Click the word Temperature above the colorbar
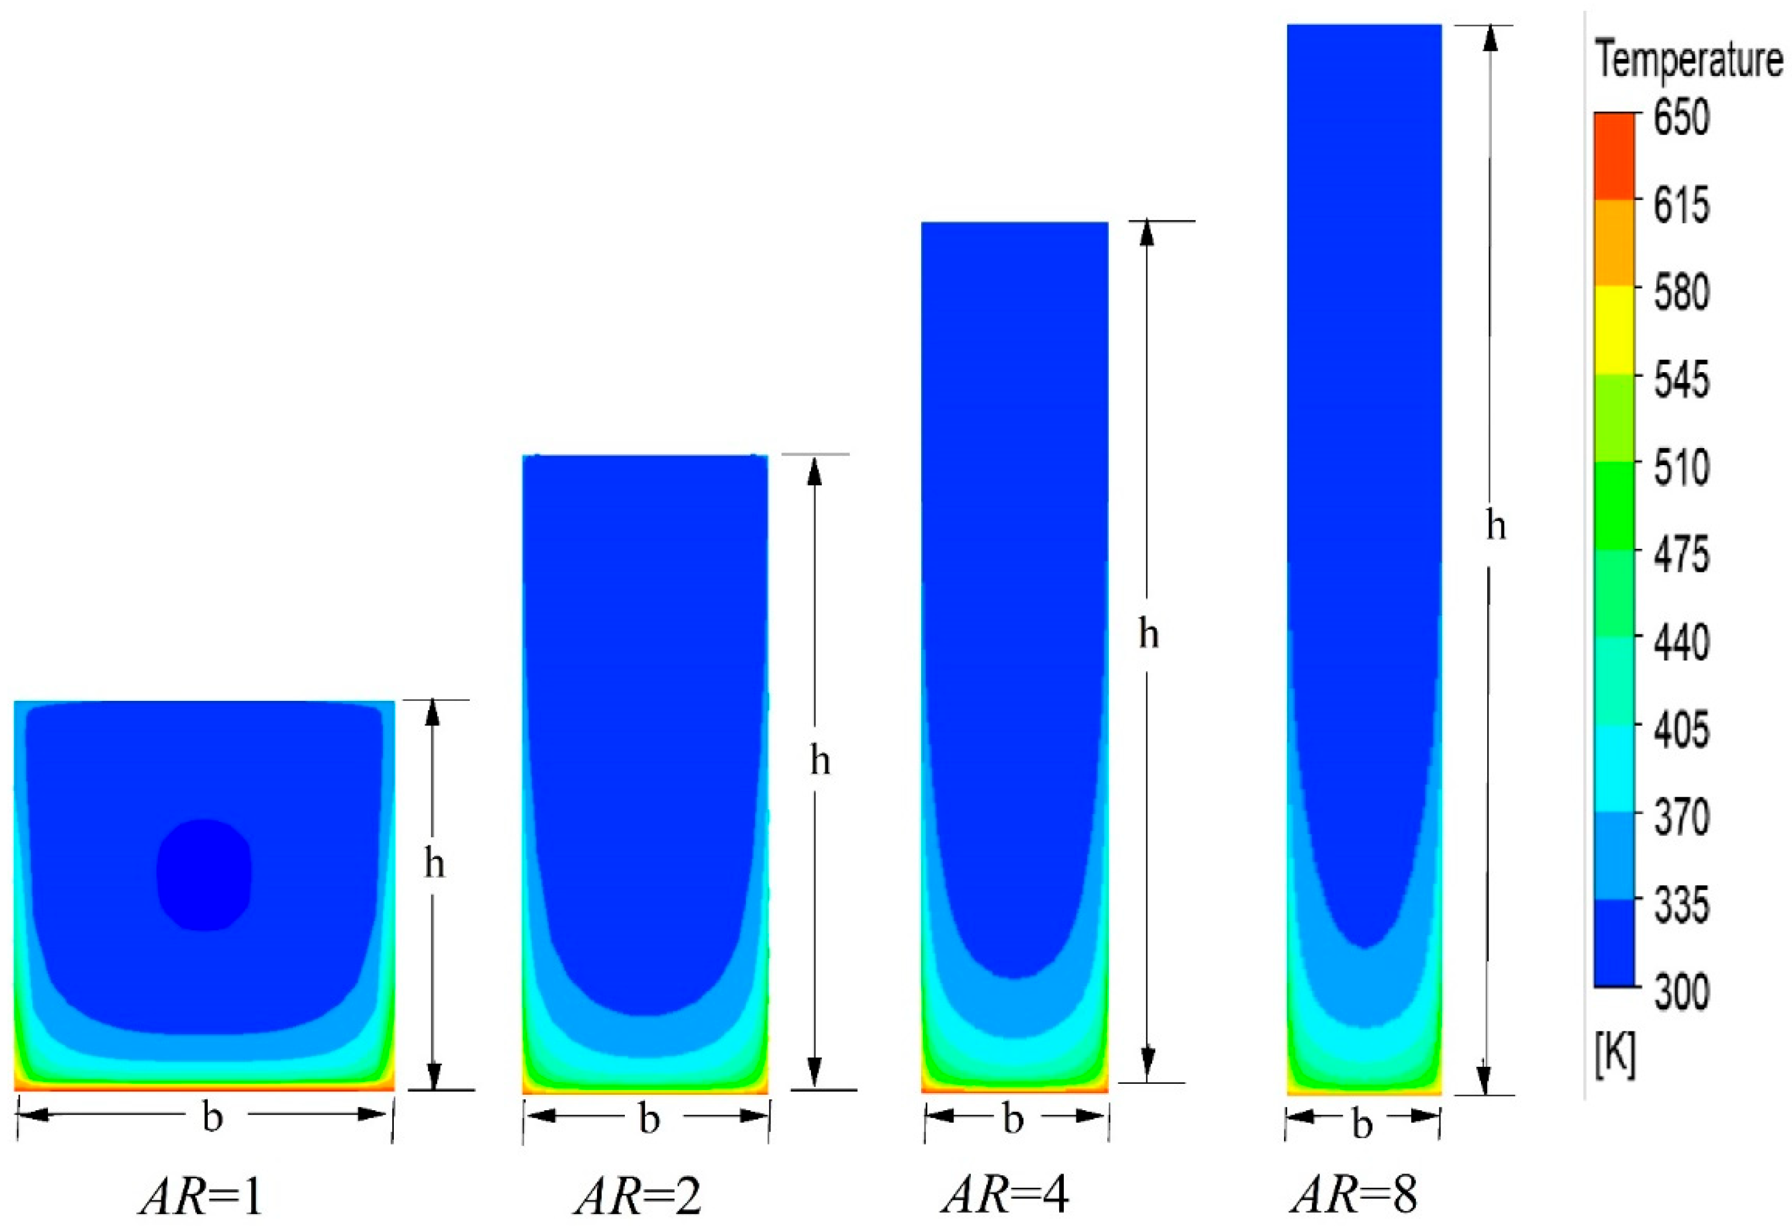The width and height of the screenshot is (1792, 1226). click(1689, 62)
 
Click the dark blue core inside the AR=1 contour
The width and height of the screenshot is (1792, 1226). click(204, 874)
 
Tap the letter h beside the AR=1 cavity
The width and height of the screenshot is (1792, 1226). click(434, 866)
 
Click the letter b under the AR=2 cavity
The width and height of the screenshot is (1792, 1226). click(649, 1120)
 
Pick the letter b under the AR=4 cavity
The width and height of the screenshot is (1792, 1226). click(1013, 1120)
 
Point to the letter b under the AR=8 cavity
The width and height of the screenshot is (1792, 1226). click(1362, 1126)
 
